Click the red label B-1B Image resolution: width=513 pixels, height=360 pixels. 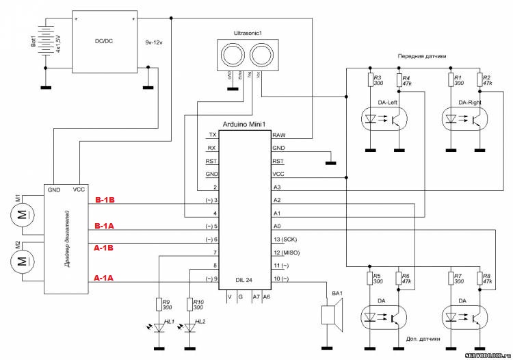105,201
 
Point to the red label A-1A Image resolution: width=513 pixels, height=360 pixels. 105,278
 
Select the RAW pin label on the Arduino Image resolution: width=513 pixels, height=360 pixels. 278,135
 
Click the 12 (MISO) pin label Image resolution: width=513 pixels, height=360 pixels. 286,253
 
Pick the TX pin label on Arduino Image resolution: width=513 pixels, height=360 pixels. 213,135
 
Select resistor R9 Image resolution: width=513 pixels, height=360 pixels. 159,305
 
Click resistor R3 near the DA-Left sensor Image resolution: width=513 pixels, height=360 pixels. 369,81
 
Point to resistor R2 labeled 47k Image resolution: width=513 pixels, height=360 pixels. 479,81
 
